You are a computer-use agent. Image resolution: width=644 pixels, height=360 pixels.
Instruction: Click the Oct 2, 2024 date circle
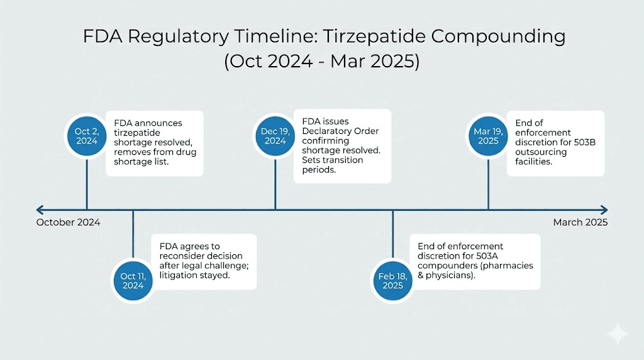[x=87, y=136]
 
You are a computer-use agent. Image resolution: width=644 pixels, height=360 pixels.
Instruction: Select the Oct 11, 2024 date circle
[x=133, y=281]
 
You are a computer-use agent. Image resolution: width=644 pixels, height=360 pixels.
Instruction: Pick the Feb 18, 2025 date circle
[x=392, y=281]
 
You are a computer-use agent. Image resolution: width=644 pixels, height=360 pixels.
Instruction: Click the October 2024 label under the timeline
[x=68, y=222]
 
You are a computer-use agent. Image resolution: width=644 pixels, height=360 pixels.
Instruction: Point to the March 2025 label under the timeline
[x=580, y=222]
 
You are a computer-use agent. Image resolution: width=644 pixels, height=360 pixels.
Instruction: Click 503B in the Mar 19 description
[x=583, y=142]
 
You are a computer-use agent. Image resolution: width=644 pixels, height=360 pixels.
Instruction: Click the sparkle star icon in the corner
[x=618, y=334]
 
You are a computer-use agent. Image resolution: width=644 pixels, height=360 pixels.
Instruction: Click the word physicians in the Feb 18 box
[x=451, y=276]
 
